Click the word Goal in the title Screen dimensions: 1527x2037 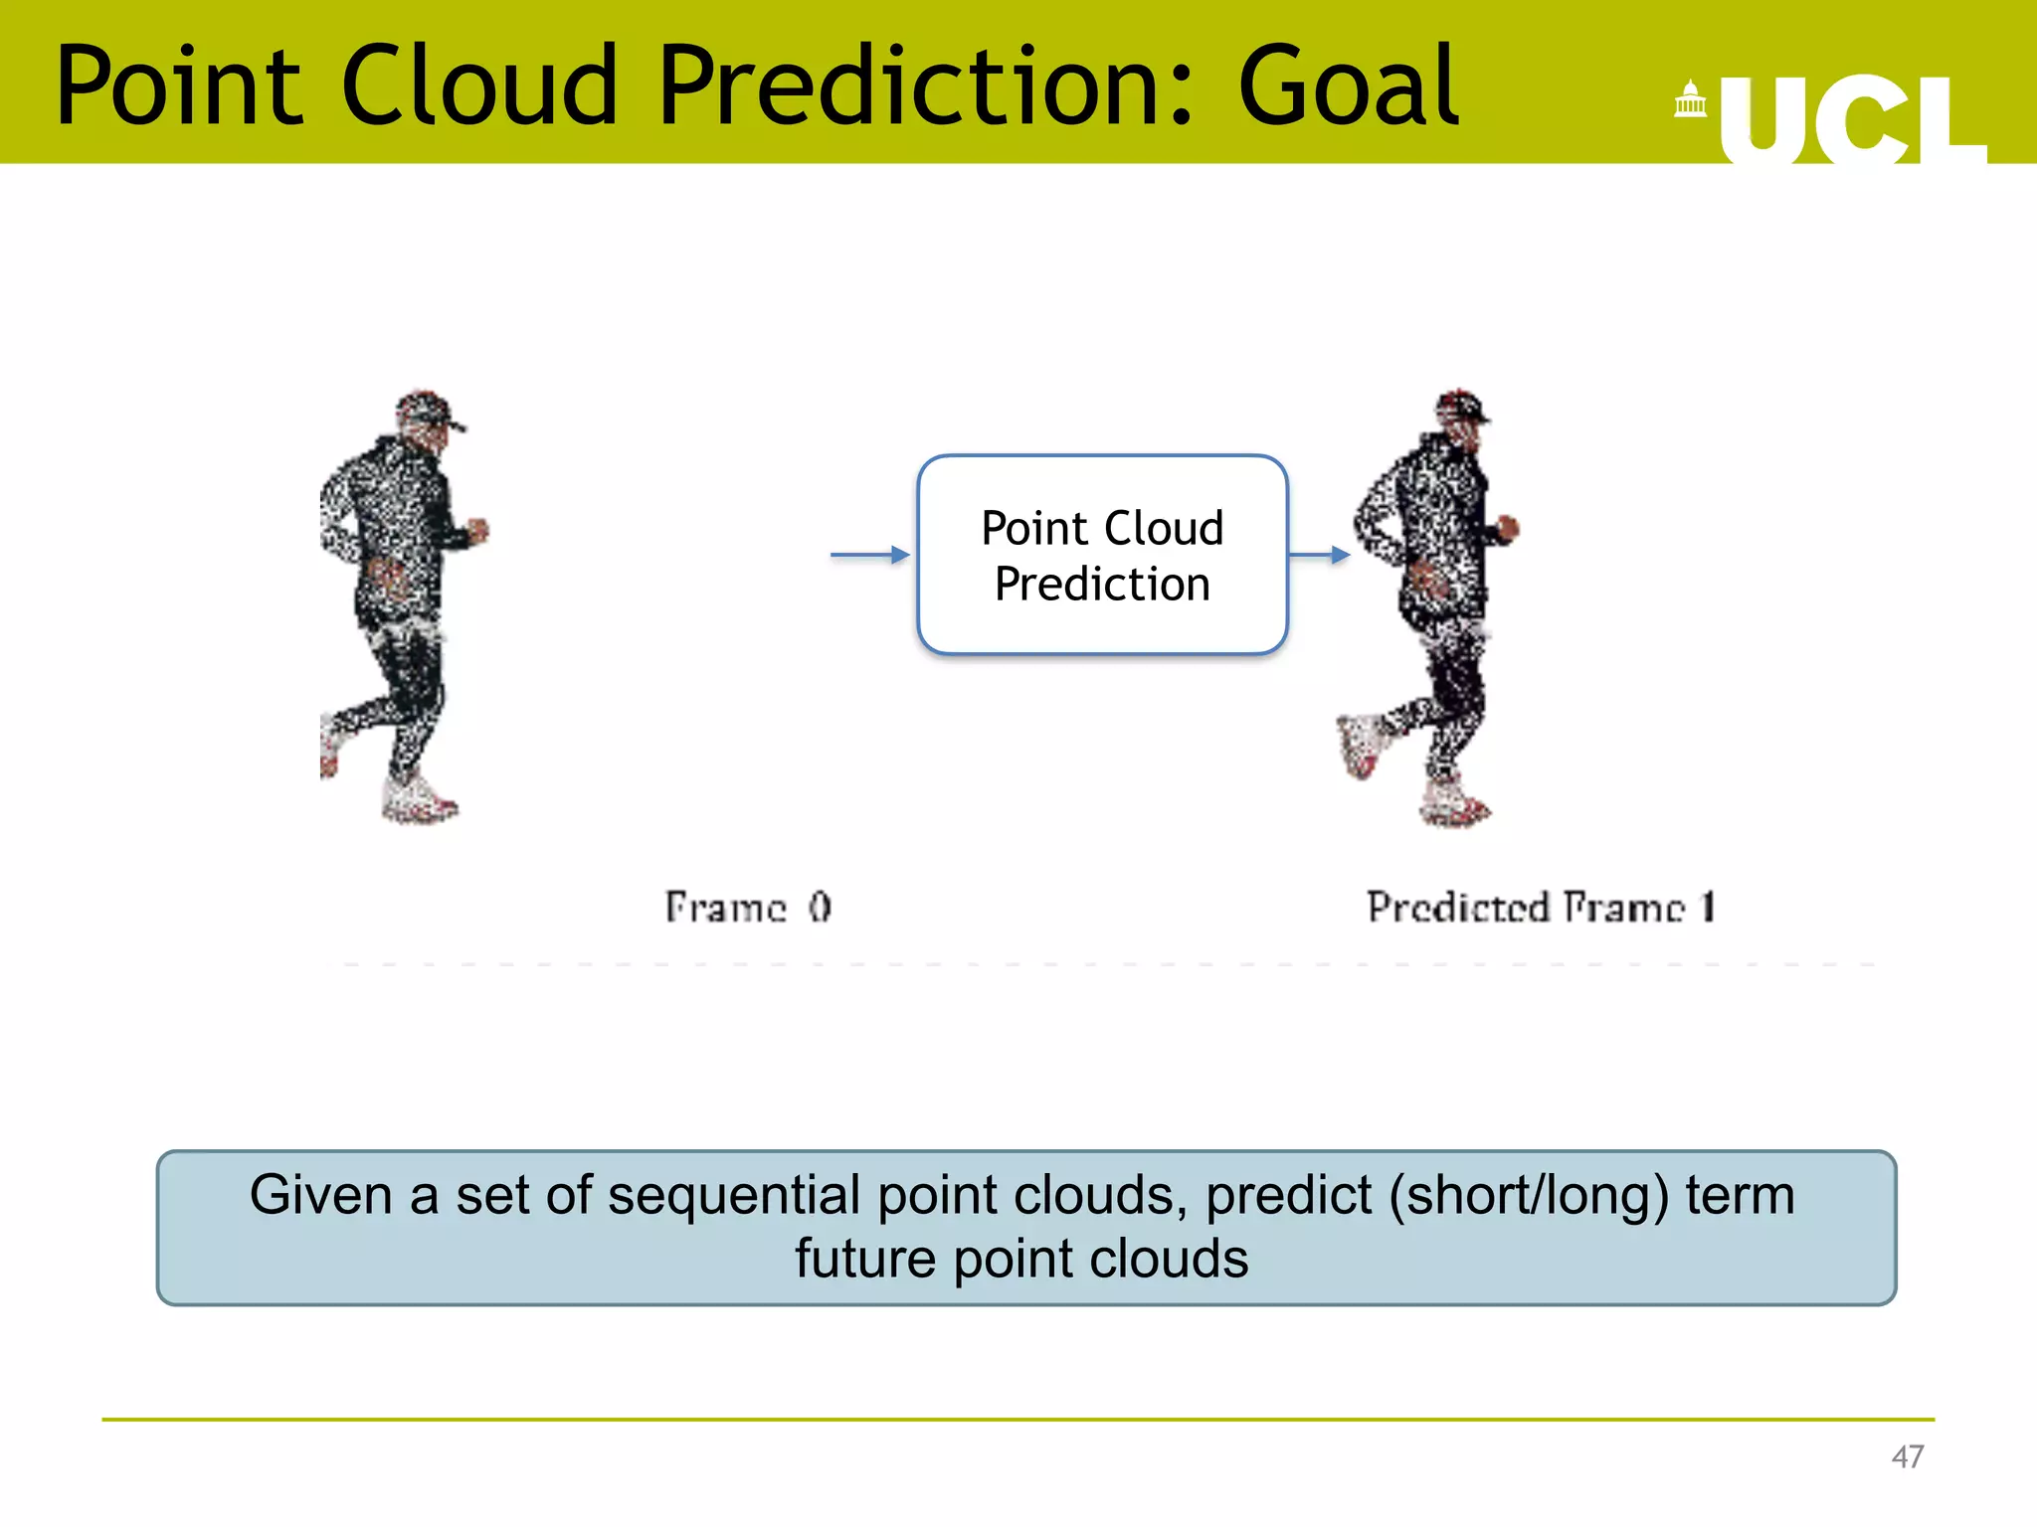pos(1348,87)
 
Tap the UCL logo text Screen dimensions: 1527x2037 pos(1850,119)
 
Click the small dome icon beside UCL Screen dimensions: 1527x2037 pos(1690,99)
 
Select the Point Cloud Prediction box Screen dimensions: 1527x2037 pos(1102,555)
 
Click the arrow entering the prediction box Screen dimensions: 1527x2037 pos(869,555)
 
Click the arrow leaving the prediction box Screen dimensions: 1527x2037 pos(1319,555)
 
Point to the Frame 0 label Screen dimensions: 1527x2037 pos(748,907)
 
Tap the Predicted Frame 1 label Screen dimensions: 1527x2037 pos(1540,907)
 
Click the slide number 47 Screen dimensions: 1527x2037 pos(1907,1456)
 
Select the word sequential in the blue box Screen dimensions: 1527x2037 pos(734,1195)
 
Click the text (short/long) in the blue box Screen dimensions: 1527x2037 pos(1528,1195)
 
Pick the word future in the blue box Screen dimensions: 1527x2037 pos(865,1259)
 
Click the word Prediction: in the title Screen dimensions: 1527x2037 pos(925,87)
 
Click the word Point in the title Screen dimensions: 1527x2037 pos(179,87)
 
